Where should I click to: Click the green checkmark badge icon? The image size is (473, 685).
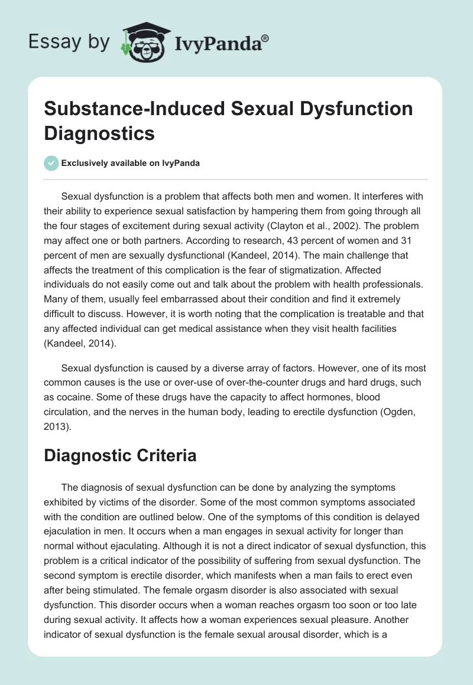[52, 163]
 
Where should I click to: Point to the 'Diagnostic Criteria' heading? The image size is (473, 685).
[120, 456]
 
